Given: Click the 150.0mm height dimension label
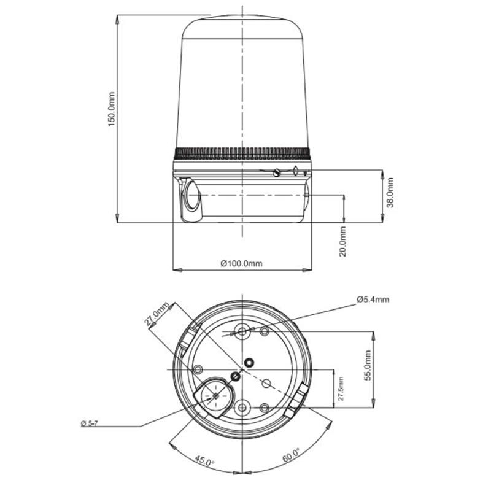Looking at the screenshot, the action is click(x=112, y=109).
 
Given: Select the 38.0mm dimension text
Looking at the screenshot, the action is click(x=390, y=193).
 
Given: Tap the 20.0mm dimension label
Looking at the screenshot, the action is click(x=343, y=242).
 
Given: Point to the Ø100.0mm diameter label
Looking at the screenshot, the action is click(x=241, y=263).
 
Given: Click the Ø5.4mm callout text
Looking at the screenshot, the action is click(x=373, y=300).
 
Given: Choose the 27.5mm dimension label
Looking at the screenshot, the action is click(x=341, y=389).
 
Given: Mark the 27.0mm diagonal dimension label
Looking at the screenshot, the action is click(x=157, y=314).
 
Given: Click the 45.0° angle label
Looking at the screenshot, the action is click(x=205, y=461).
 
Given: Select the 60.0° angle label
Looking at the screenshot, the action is click(x=291, y=455).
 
